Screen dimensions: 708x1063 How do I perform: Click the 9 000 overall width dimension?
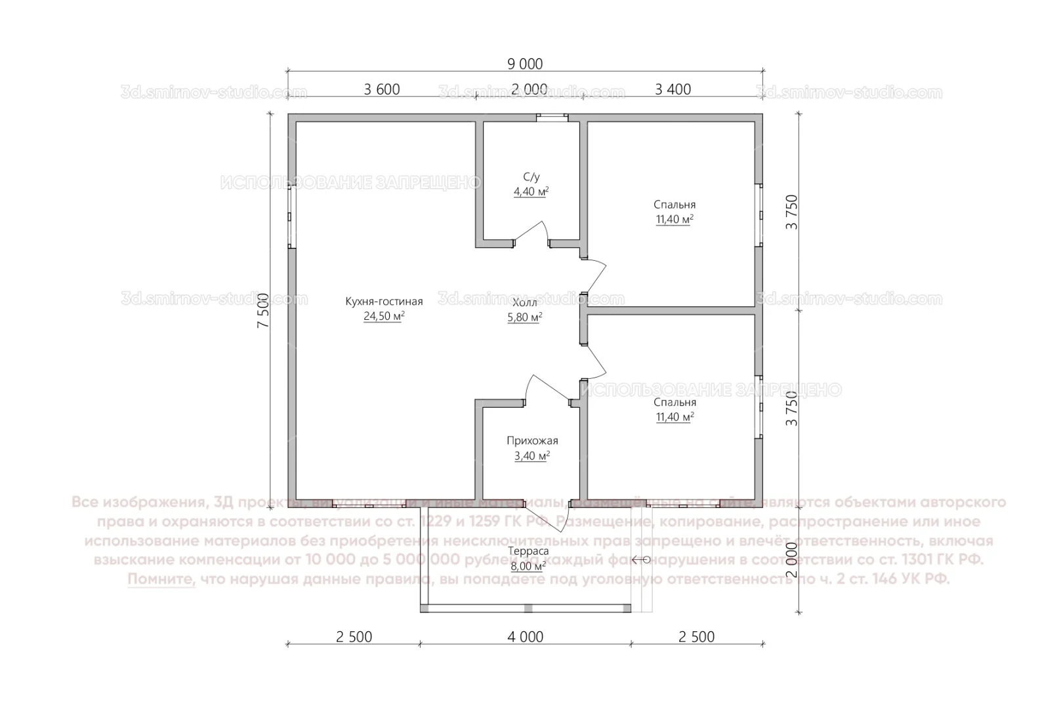point(525,64)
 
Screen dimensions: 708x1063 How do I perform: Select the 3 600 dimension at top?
point(382,89)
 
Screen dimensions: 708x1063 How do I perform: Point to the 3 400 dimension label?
point(673,89)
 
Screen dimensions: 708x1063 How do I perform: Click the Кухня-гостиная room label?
point(384,302)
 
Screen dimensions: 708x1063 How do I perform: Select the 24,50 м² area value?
point(384,317)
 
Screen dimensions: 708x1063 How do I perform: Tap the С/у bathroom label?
point(531,177)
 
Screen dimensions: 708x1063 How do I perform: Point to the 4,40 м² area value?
point(531,191)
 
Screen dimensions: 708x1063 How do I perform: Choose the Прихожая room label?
point(532,441)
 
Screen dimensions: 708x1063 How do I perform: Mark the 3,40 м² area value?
point(532,456)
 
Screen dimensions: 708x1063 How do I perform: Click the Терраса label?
point(528,551)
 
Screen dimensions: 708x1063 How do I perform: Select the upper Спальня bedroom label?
point(675,205)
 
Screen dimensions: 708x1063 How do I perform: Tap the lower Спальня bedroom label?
point(675,403)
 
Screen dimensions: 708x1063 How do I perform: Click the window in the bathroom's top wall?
point(551,118)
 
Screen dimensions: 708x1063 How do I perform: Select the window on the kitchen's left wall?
point(291,212)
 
